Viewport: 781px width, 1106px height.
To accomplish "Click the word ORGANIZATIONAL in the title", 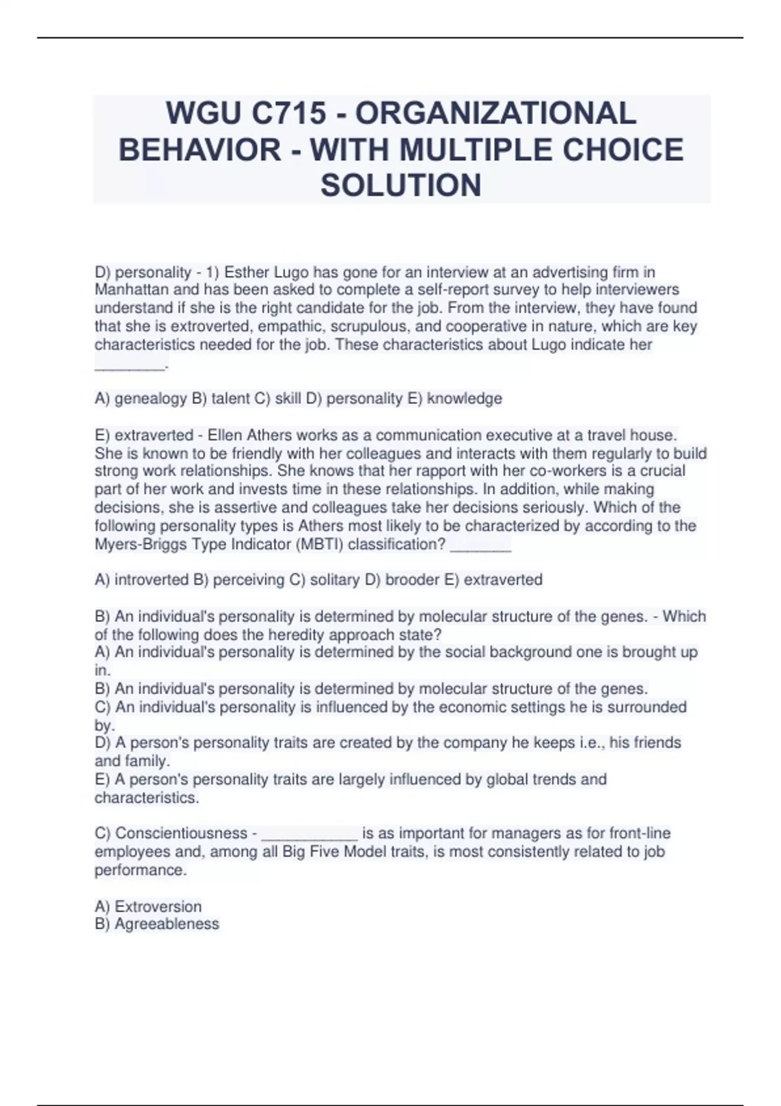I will tap(496, 113).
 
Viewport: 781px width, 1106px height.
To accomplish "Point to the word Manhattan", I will tap(131, 290).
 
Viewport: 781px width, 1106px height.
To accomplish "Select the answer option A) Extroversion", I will tap(148, 906).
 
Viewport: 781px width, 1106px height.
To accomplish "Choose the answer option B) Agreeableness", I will tap(157, 924).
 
